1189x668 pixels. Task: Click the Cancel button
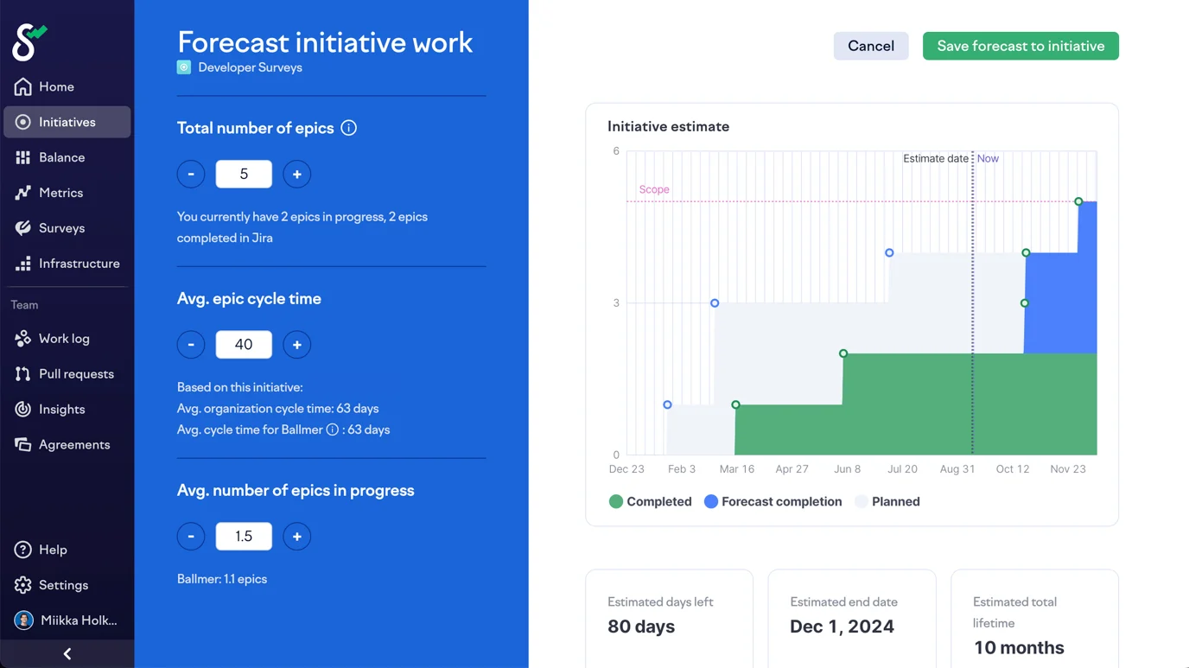click(870, 46)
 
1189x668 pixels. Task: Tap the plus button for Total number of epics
click(296, 175)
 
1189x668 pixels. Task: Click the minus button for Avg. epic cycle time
click(191, 345)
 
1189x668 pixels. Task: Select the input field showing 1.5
click(244, 537)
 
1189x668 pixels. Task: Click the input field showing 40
click(244, 345)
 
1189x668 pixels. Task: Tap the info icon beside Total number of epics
click(349, 128)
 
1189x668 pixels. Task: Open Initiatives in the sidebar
click(67, 122)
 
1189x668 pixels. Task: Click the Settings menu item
click(63, 585)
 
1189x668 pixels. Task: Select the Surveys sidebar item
click(61, 228)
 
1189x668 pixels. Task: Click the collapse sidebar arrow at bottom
click(67, 654)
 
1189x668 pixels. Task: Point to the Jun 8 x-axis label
click(847, 469)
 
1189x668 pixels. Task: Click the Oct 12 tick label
click(1012, 469)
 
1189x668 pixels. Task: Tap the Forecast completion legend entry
click(773, 501)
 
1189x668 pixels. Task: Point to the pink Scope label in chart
click(654, 189)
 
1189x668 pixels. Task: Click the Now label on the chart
click(988, 159)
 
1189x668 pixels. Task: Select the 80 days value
click(641, 627)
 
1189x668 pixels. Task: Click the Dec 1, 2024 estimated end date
click(842, 627)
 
